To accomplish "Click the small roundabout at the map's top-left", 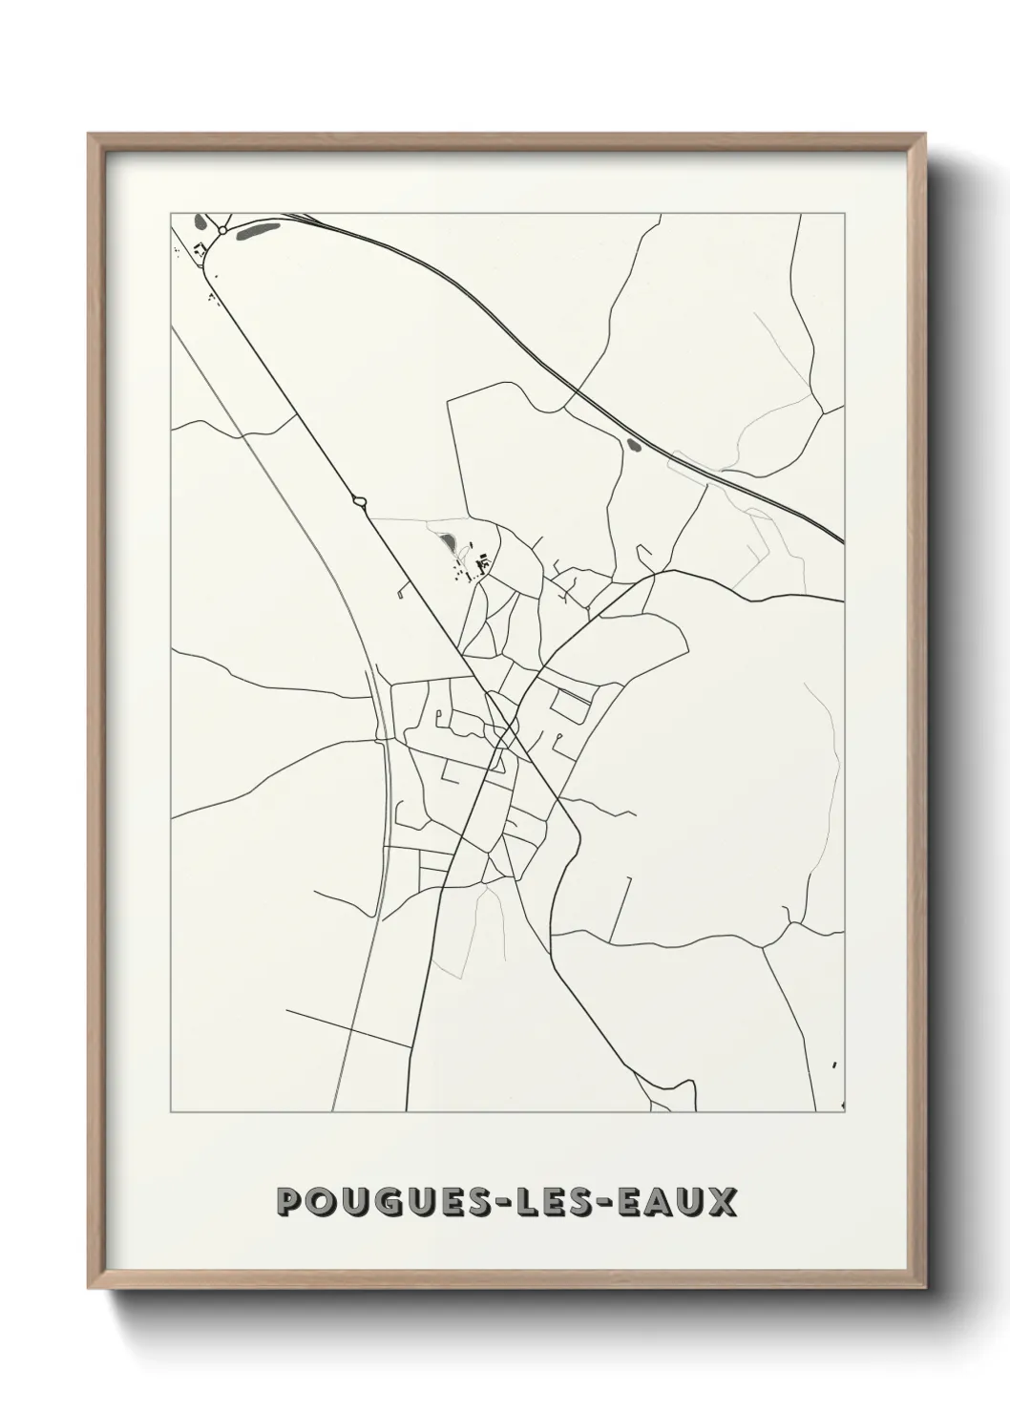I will pos(221,230).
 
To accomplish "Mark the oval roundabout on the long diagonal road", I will pos(360,499).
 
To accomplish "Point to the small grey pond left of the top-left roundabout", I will pos(199,221).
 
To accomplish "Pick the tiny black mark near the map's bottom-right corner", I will pos(834,1065).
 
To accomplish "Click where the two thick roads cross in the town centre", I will pos(504,737).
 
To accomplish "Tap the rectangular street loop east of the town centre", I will pos(572,706).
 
